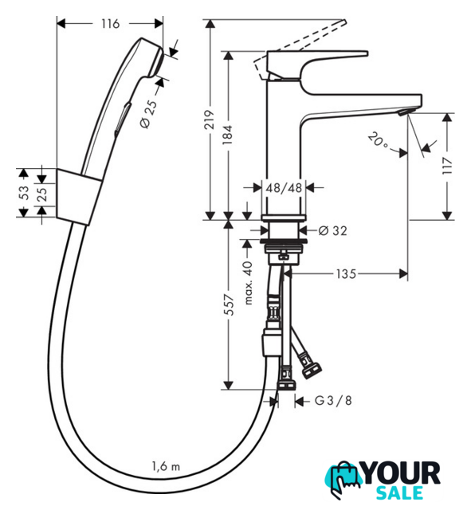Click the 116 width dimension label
(110, 24)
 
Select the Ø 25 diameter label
(149, 114)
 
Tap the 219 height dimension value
(210, 120)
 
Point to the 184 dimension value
(228, 135)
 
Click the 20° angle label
(379, 140)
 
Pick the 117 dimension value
(447, 166)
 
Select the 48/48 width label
(284, 188)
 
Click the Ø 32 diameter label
(333, 230)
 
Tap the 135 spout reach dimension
(346, 274)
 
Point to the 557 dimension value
(229, 304)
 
